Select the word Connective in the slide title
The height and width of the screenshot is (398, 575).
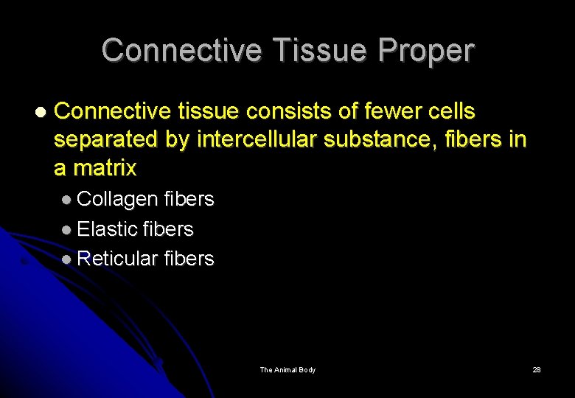[x=182, y=51]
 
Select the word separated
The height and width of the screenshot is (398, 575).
[x=107, y=139]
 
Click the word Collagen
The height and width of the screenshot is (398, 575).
[x=117, y=199]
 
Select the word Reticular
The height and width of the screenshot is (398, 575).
[x=117, y=259]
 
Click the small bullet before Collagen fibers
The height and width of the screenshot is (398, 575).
[x=67, y=200]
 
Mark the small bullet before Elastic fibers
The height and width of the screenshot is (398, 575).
[x=67, y=230]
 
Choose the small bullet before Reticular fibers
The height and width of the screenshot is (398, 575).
[x=67, y=259]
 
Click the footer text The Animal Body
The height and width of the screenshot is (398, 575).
[x=287, y=369]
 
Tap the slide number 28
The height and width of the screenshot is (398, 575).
[x=536, y=369]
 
